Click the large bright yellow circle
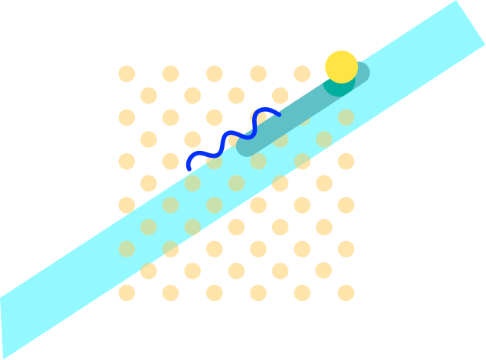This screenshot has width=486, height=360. pyautogui.click(x=341, y=67)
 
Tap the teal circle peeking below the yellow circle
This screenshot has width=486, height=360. pyautogui.click(x=338, y=87)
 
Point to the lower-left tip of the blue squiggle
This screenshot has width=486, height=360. pyautogui.click(x=189, y=168)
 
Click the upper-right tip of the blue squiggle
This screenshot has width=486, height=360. pyautogui.click(x=279, y=115)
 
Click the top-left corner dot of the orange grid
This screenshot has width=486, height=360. pyautogui.click(x=126, y=74)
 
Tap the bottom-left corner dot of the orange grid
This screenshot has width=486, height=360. pyautogui.click(x=126, y=293)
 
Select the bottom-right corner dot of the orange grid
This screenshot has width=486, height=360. pyautogui.click(x=346, y=293)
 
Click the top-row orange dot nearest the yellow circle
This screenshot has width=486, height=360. pyautogui.click(x=302, y=74)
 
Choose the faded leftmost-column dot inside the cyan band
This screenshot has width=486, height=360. pyautogui.click(x=126, y=249)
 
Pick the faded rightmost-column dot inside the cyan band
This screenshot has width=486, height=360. pyautogui.click(x=346, y=117)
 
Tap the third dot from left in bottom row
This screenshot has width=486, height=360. pyautogui.click(x=214, y=293)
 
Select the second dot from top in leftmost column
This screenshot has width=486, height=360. pyautogui.click(x=126, y=117)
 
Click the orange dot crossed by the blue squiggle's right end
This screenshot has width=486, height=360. pyautogui.click(x=258, y=117)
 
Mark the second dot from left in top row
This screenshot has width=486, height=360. pyautogui.click(x=170, y=74)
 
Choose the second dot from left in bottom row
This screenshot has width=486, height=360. pyautogui.click(x=170, y=293)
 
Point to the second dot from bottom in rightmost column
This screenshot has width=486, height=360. pyautogui.click(x=346, y=249)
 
